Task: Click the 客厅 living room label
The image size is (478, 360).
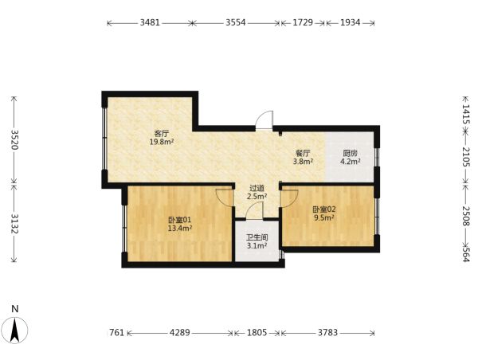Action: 162,134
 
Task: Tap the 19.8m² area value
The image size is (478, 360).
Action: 162,142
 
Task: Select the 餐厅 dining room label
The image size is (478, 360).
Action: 303,154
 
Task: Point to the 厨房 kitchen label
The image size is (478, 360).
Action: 350,154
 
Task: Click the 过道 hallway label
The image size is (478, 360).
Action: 257,189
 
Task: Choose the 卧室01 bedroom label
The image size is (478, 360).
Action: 180,220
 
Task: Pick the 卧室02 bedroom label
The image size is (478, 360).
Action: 323,209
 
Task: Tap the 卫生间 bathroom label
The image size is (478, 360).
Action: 257,237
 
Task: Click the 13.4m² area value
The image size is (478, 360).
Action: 180,228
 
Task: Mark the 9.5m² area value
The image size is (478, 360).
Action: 323,217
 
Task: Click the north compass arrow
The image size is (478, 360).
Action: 14,330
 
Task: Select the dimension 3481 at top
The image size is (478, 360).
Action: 150,22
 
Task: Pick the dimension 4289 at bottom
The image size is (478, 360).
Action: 180,333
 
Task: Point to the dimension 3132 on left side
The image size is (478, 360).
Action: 14,224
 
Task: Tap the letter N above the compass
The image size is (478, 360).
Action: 15,309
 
